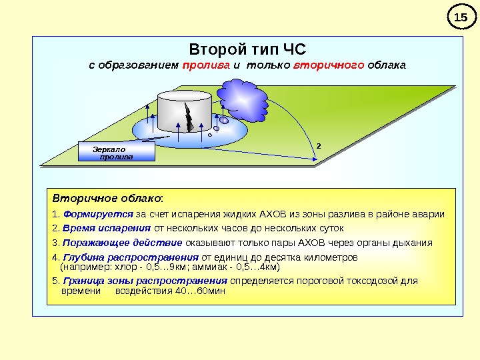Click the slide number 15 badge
[x=458, y=17]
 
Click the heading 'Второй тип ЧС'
[x=247, y=50]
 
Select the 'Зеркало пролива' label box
[x=116, y=152]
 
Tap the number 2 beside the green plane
[x=318, y=145]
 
